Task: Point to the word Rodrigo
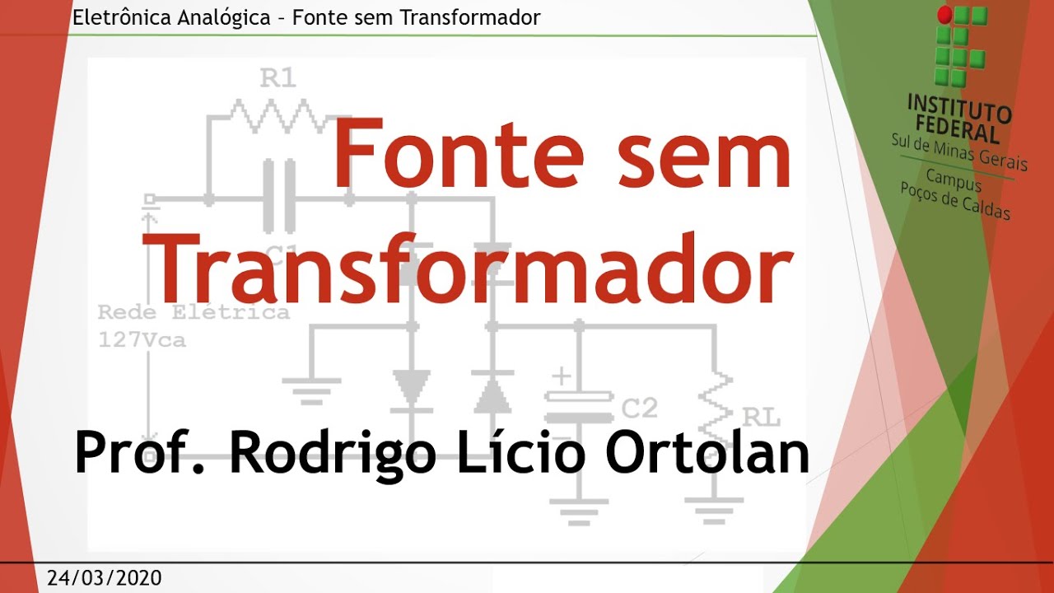333,453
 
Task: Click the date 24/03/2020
105,577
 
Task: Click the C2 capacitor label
639,409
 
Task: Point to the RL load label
761,417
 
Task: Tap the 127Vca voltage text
142,339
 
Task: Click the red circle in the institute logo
944,15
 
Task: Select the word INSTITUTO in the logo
958,107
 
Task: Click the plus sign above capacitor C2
561,377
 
